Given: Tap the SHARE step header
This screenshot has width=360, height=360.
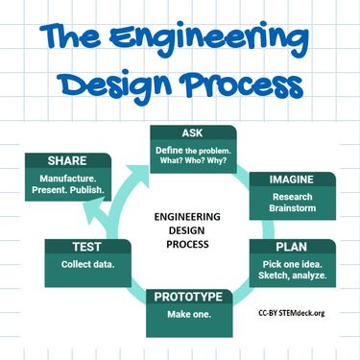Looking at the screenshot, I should (x=66, y=158).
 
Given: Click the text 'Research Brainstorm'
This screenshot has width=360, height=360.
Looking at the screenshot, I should (x=293, y=204).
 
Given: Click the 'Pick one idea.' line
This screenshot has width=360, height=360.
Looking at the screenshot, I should (x=294, y=263).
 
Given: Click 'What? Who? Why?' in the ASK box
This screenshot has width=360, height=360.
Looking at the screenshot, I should (x=201, y=161).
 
